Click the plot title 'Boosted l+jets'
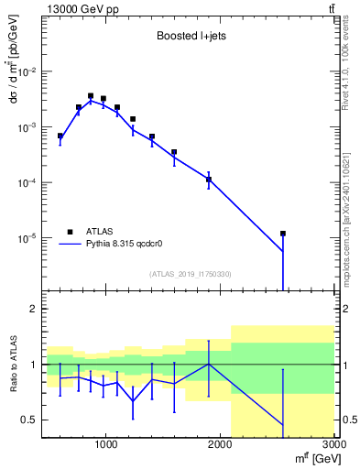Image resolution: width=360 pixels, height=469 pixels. coord(189,37)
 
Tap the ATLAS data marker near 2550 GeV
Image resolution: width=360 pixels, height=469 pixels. coord(283,234)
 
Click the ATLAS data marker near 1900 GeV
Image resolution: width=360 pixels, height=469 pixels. coord(209,180)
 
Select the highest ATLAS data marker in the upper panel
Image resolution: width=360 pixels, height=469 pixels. coord(91,95)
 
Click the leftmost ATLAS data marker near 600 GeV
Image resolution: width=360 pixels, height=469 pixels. coord(60,136)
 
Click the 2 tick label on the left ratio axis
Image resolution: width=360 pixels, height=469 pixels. coord(35,310)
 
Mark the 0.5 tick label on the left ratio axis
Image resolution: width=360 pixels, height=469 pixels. coord(31,420)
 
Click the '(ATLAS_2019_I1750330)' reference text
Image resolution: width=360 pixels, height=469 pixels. coord(189,274)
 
